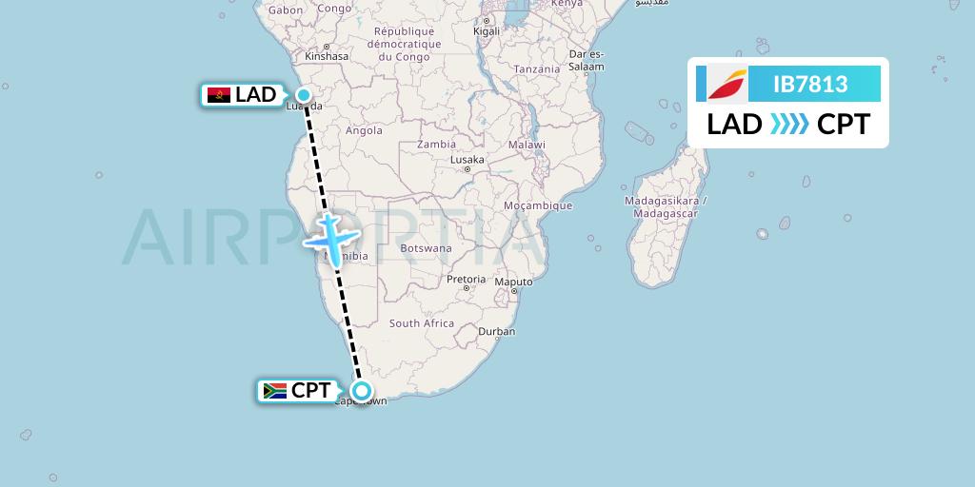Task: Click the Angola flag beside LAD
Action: [218, 95]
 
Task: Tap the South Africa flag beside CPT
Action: [274, 391]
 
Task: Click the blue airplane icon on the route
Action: [329, 236]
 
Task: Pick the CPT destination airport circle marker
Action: [362, 390]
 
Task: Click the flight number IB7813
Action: [810, 85]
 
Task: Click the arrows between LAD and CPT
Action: [789, 125]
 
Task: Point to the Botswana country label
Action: [426, 248]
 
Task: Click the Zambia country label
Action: [437, 145]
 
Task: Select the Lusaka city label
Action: [468, 161]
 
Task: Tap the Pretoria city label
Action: [467, 281]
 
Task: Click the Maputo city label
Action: [513, 282]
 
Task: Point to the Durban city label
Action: [497, 332]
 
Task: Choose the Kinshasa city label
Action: [327, 56]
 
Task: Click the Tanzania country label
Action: [537, 69]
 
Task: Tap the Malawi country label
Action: [526, 145]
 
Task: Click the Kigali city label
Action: [487, 31]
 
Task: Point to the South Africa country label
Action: [422, 323]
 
